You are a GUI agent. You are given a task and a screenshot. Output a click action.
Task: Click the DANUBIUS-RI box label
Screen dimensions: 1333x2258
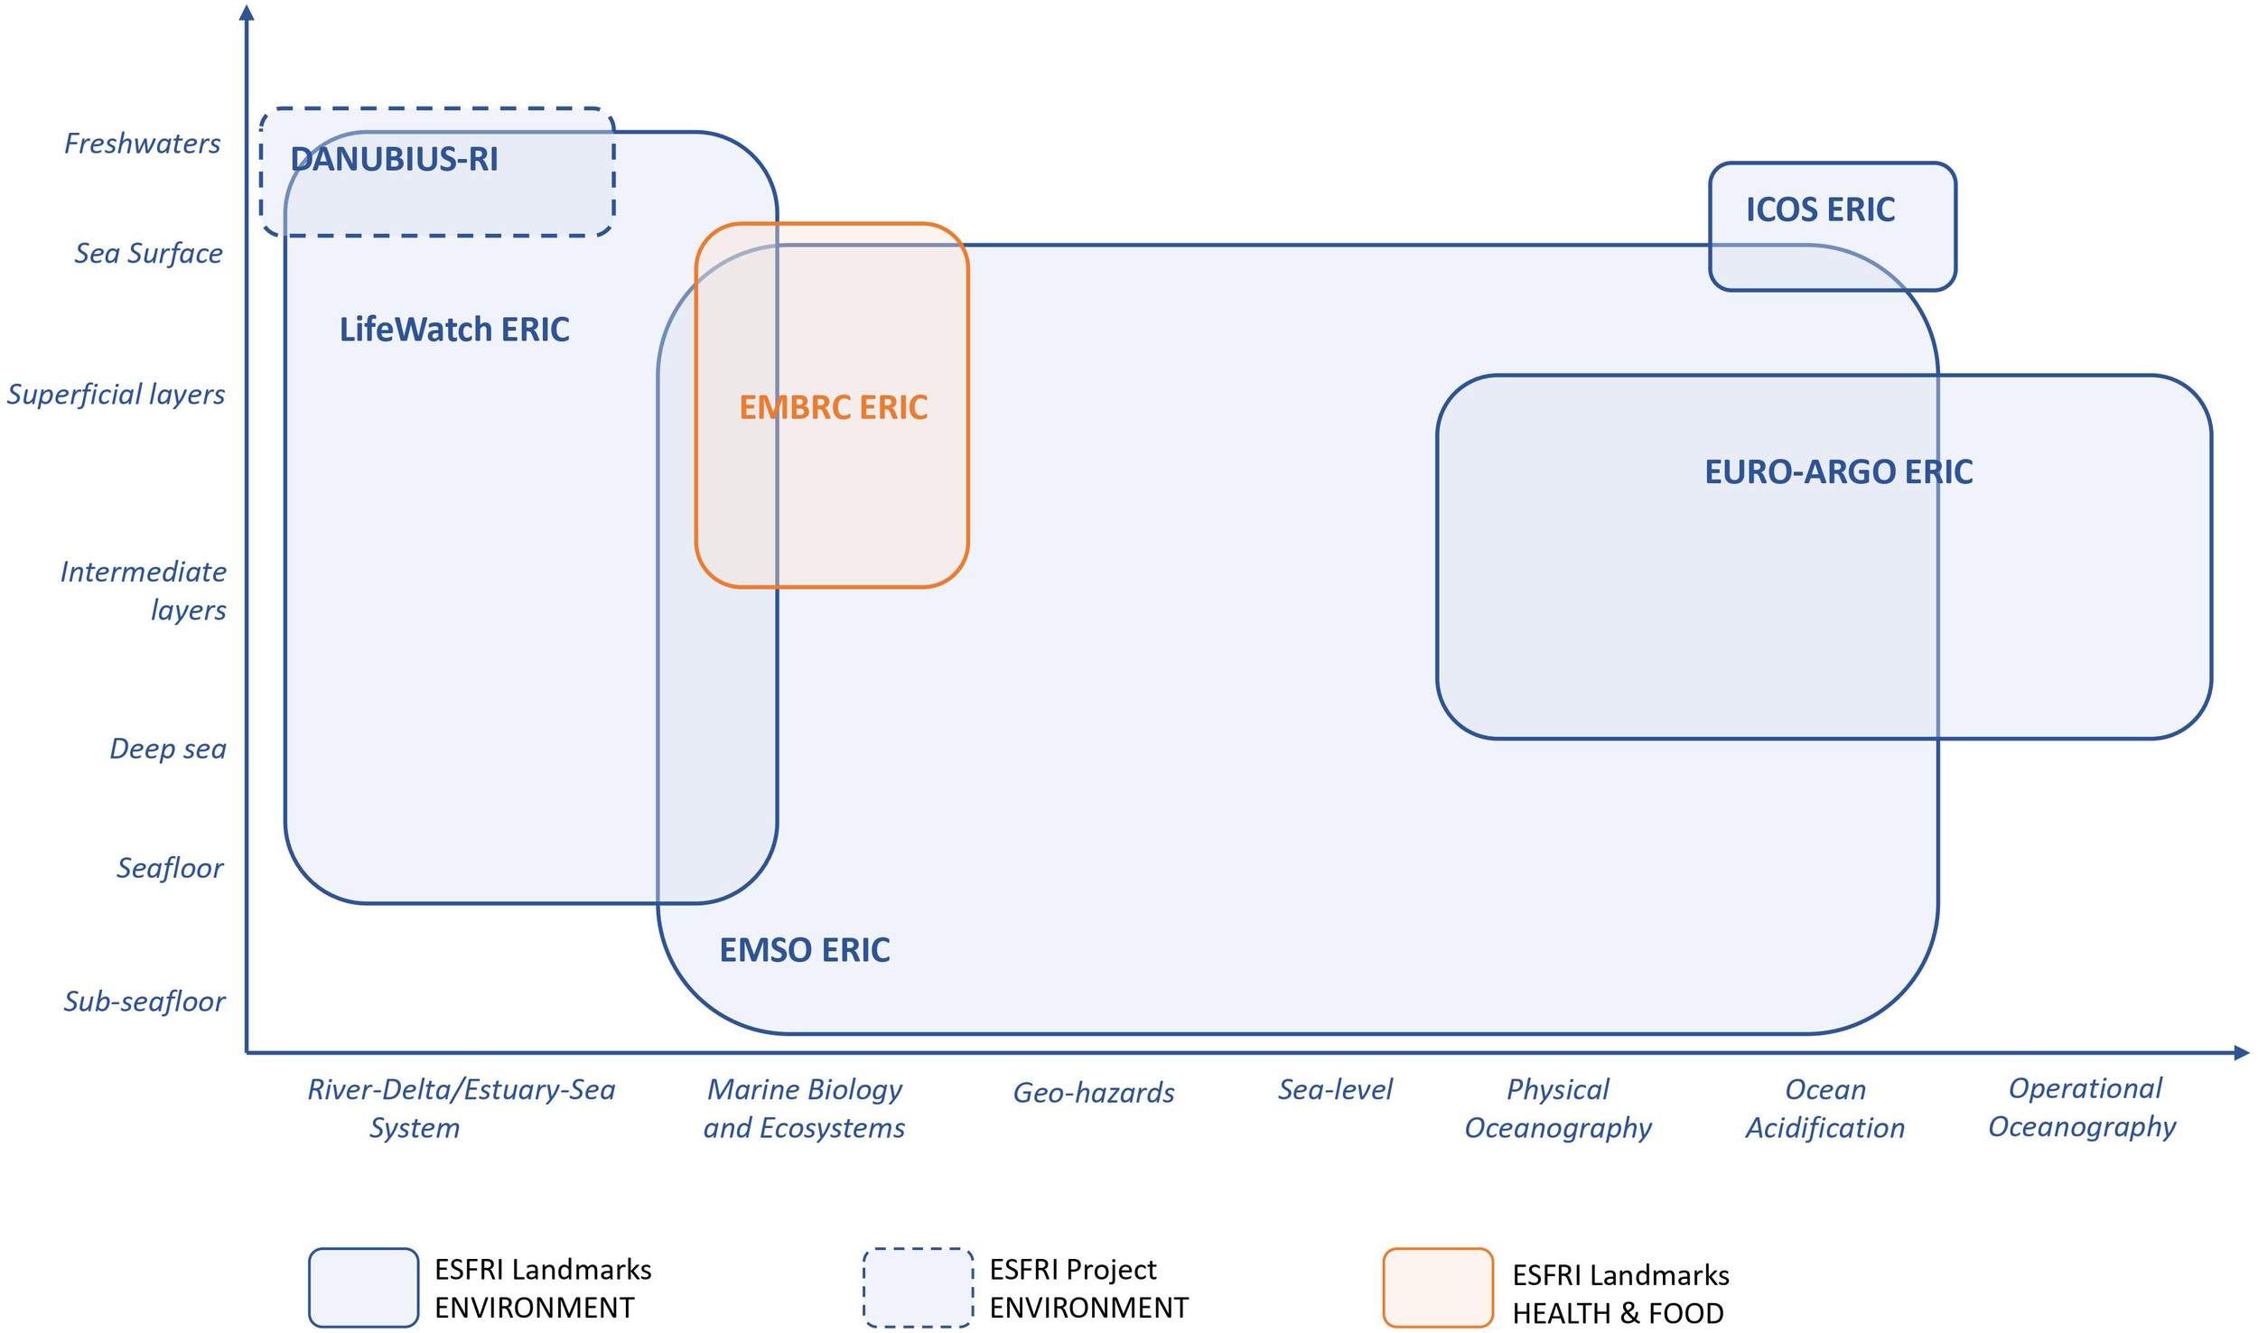[x=394, y=160]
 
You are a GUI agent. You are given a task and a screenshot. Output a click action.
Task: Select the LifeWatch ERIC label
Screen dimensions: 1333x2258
[x=454, y=330]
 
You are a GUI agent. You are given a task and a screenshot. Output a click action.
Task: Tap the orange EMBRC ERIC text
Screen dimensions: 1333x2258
[x=833, y=407]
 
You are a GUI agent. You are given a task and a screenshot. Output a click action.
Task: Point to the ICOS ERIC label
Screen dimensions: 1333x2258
[x=1819, y=210]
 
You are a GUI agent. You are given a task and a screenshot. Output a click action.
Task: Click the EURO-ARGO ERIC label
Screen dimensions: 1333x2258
[x=1838, y=472]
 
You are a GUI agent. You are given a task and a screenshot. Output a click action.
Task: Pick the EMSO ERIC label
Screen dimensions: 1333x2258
[x=804, y=950]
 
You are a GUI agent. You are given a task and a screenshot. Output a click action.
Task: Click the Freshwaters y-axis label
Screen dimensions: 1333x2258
[x=142, y=144]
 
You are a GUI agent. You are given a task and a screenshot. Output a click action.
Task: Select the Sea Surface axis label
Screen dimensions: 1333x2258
[x=148, y=254]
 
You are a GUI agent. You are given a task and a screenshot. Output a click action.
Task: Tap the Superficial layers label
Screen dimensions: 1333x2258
[x=116, y=395]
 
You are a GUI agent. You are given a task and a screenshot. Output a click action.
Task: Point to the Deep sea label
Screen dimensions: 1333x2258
[x=167, y=749]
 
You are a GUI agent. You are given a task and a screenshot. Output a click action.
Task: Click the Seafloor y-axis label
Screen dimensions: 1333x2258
[x=170, y=868]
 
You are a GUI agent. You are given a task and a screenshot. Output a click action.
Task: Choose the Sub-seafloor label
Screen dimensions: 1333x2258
[x=144, y=1002]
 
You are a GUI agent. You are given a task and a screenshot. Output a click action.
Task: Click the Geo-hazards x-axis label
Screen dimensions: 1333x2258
[x=1093, y=1093]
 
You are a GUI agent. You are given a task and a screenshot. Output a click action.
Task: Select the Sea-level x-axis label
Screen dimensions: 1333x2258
[x=1335, y=1090]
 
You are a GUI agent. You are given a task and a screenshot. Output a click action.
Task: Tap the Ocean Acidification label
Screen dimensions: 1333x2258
[x=1824, y=1109]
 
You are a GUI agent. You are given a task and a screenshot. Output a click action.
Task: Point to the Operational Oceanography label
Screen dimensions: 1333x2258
[x=2083, y=1108]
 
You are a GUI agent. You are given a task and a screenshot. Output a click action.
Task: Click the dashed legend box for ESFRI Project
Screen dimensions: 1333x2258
[x=918, y=1288]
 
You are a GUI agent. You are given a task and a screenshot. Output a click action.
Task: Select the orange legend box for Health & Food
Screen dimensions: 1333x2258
[x=1438, y=1288]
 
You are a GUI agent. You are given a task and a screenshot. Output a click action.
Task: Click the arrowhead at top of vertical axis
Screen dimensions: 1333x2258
[x=247, y=13]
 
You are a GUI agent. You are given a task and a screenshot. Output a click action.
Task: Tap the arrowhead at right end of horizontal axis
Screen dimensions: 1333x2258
[x=2241, y=1053]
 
